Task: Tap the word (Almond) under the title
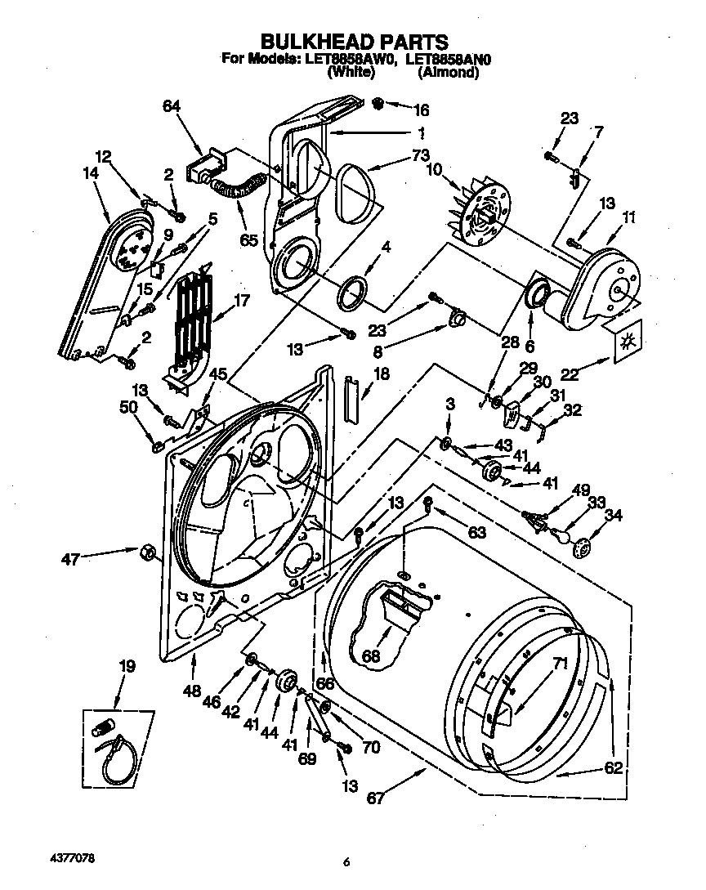point(447,72)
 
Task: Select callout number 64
point(172,106)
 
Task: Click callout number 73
point(397,156)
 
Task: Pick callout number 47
point(70,560)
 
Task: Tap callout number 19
point(126,668)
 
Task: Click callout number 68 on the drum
point(373,655)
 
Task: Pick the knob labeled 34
point(583,549)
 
